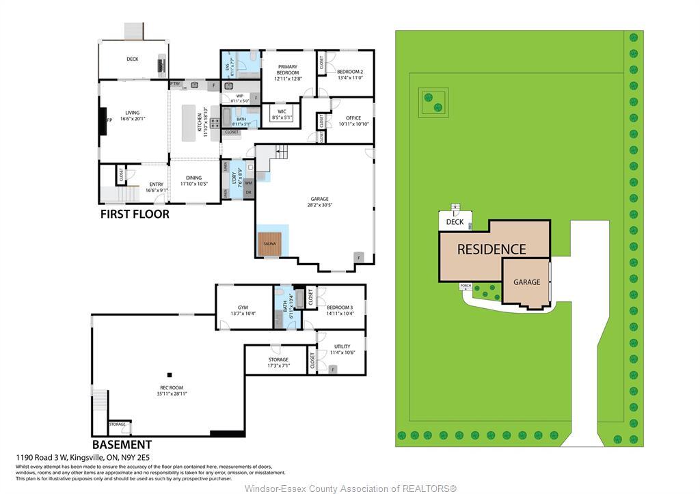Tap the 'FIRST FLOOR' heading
[135, 214]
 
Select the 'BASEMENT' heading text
[122, 444]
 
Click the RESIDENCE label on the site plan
[492, 249]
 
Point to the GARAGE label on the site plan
[526, 282]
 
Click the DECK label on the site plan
[455, 222]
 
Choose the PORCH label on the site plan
[466, 286]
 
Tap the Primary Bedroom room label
[287, 69]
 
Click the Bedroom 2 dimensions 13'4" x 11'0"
[349, 78]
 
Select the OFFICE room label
[353, 118]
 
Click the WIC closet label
[281, 111]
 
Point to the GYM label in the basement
[243, 307]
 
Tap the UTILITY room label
[342, 347]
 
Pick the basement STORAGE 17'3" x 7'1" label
[278, 359]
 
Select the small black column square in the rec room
[170, 374]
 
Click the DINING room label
[193, 178]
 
